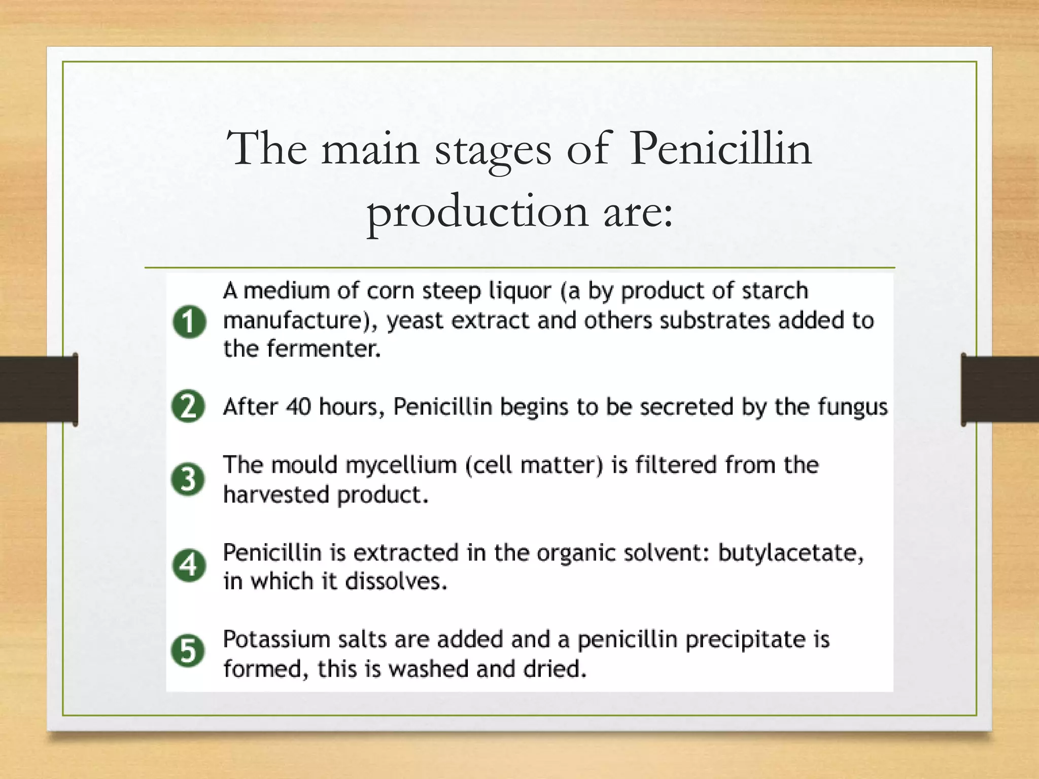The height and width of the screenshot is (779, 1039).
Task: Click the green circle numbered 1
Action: (x=189, y=322)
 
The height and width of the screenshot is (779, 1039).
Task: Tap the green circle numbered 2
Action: (x=188, y=406)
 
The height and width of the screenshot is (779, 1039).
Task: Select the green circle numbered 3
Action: (x=188, y=479)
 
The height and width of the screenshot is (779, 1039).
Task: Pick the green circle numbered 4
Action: (x=189, y=565)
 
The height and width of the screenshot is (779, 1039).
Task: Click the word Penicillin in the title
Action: (x=720, y=149)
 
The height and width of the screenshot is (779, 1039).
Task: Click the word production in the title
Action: (x=477, y=212)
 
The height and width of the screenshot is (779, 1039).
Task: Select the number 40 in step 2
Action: (x=298, y=406)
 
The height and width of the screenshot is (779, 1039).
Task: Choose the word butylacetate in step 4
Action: (x=790, y=553)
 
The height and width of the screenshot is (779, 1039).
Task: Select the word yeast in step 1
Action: (x=414, y=321)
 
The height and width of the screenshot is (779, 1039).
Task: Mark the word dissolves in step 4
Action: (x=396, y=581)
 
